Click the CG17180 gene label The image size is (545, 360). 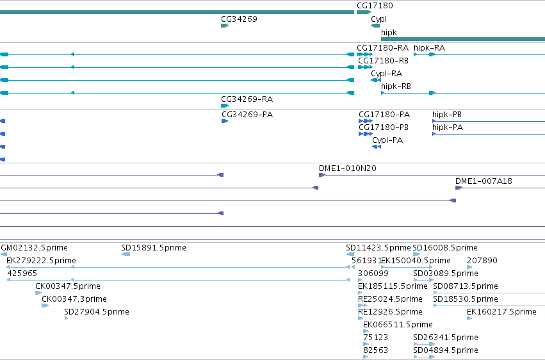[375, 6]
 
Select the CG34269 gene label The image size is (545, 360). [239, 19]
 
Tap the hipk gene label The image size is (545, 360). [389, 32]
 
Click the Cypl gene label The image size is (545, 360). [378, 19]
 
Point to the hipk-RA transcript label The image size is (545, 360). [429, 47]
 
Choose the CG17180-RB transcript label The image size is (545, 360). [383, 60]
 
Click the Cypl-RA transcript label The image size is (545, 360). [387, 74]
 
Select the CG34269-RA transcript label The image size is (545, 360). [247, 99]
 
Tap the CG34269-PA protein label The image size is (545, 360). [247, 114]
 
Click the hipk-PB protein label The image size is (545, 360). [446, 114]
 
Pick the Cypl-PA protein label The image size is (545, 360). [387, 140]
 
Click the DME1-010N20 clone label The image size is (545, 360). [348, 168]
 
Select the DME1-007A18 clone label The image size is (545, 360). [484, 181]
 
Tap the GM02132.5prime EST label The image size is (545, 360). [35, 248]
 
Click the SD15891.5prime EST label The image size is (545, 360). [154, 248]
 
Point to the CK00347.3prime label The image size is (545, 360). [74, 299]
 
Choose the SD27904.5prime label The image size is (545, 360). [97, 312]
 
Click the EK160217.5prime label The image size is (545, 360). [501, 312]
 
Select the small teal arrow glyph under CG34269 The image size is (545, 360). [225, 26]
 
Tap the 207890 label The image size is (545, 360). [482, 261]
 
